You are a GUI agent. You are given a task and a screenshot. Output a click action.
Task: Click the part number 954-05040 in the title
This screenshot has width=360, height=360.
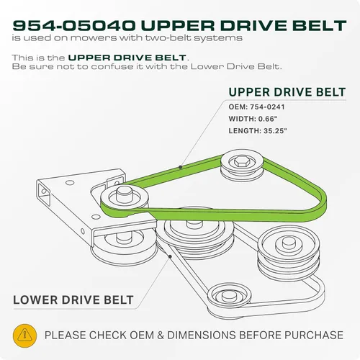point(73,26)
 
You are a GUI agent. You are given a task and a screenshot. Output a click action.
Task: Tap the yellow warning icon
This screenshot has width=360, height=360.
point(24,336)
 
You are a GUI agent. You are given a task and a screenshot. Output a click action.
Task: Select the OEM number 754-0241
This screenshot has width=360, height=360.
point(267,107)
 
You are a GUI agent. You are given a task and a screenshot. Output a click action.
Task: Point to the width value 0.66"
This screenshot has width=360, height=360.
point(268,119)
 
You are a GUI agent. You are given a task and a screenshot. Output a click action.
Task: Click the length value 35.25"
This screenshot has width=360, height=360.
point(275,131)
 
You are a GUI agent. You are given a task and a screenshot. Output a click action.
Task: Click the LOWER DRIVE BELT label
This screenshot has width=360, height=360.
point(73,300)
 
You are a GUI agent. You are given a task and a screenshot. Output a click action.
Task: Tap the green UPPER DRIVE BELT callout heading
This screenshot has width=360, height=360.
point(287,92)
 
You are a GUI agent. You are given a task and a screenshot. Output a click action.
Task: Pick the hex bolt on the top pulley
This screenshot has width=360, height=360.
point(242,163)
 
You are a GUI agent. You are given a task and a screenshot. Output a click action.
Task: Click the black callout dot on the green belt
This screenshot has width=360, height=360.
point(180,167)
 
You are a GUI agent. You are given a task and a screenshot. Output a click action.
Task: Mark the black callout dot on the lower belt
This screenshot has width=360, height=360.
point(170,257)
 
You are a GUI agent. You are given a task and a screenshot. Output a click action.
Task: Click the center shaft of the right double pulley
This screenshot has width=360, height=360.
point(288,243)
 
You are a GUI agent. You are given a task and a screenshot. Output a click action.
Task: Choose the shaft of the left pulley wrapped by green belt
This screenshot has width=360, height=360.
point(125,194)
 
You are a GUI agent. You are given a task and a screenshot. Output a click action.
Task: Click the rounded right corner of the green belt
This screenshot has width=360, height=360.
point(323,201)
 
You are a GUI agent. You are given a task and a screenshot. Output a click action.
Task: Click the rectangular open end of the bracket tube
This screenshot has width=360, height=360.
point(44,194)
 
